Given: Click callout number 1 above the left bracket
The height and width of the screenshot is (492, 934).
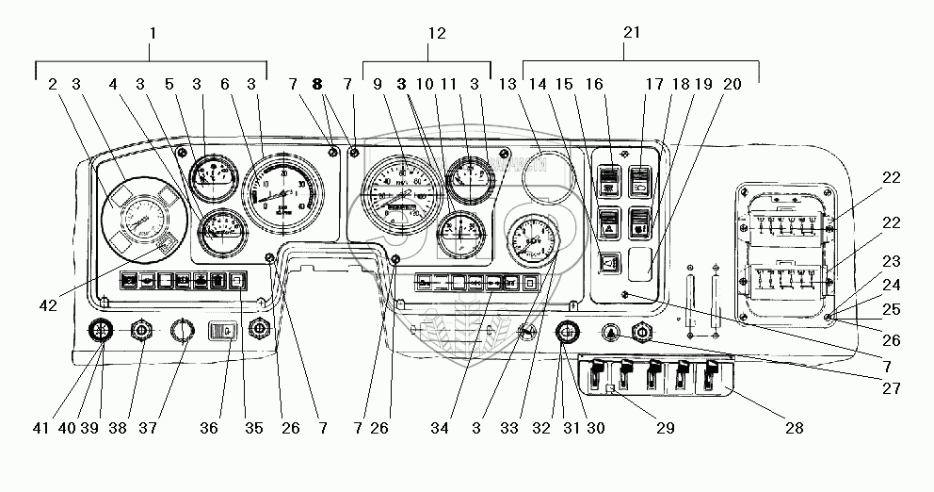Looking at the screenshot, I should coord(153,33).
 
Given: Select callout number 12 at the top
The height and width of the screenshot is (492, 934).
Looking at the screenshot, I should coord(435,33).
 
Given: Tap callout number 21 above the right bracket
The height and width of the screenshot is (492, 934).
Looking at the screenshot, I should coord(632,33).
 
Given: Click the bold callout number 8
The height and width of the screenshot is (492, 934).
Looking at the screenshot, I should coord(317,84).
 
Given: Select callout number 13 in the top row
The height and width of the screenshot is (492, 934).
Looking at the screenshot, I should coord(509,84).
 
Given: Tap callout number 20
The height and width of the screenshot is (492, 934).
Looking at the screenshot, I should coord(733,84).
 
